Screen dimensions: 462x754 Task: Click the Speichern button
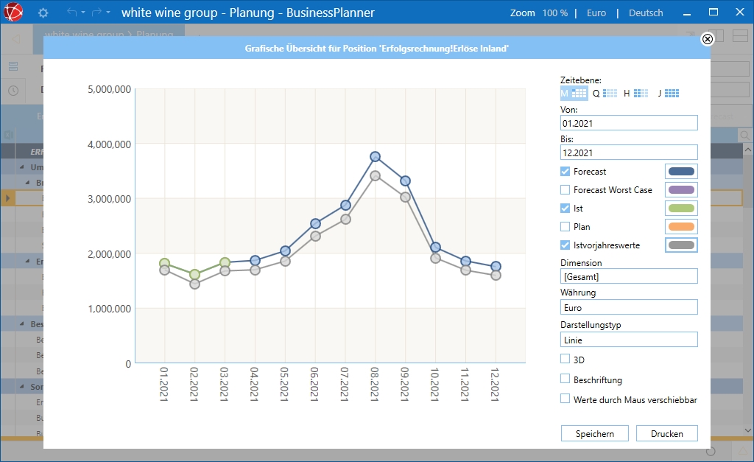click(595, 433)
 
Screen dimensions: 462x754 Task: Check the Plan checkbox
click(565, 227)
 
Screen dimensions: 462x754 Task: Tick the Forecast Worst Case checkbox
click(565, 190)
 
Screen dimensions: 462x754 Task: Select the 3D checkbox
click(565, 360)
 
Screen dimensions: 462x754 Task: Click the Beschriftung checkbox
click(565, 379)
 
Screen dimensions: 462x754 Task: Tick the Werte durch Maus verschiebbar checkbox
click(565, 399)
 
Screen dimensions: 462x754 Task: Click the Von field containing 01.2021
click(629, 123)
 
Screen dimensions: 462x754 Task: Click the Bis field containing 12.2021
click(629, 152)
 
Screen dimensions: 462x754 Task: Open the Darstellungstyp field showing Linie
click(629, 340)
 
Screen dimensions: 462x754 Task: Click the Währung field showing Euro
click(629, 307)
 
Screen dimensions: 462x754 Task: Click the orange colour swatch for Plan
click(681, 227)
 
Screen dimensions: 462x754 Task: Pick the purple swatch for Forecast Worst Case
click(681, 190)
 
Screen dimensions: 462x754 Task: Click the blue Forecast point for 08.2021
click(375, 157)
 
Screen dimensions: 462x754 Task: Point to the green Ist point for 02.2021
click(194, 275)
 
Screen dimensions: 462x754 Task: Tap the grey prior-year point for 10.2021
click(435, 258)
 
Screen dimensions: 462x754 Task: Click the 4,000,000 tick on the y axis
click(109, 144)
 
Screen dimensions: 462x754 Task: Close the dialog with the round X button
click(708, 39)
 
